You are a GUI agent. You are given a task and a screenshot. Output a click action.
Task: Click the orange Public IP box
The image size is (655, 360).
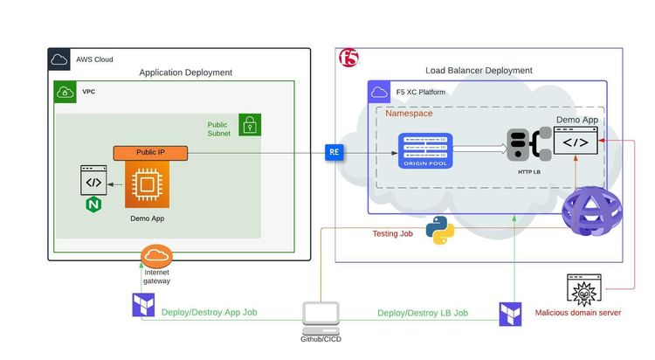150,152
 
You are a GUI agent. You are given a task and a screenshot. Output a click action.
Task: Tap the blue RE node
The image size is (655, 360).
334,152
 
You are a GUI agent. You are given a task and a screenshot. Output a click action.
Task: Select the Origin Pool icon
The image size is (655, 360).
426,151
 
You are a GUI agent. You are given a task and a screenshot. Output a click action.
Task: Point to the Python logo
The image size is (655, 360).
439,231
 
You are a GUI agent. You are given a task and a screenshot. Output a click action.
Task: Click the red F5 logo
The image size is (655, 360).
348,59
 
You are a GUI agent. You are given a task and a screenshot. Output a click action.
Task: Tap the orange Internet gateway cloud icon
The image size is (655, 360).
156,256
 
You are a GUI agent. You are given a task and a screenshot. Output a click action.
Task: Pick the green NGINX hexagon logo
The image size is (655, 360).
93,205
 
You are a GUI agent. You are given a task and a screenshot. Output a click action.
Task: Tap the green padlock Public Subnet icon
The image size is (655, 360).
250,125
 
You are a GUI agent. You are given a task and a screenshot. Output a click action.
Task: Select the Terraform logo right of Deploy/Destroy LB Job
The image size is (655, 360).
510,315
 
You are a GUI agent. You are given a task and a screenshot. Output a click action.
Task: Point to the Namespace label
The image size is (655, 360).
409,114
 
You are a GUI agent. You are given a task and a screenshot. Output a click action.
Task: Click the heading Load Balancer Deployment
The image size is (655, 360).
479,70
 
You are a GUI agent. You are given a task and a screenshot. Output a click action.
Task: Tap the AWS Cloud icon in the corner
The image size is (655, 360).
59,59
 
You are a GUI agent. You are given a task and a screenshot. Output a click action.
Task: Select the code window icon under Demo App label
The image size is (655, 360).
576,142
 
